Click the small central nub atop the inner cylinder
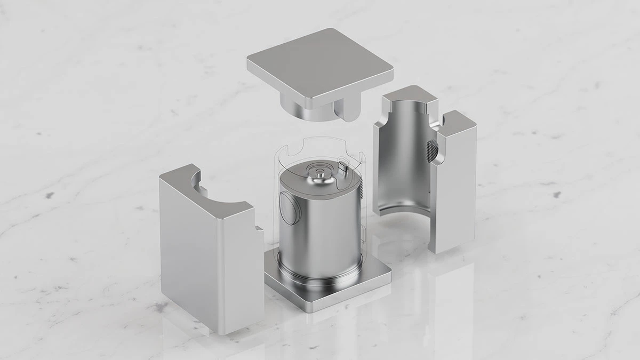[x=318, y=173]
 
